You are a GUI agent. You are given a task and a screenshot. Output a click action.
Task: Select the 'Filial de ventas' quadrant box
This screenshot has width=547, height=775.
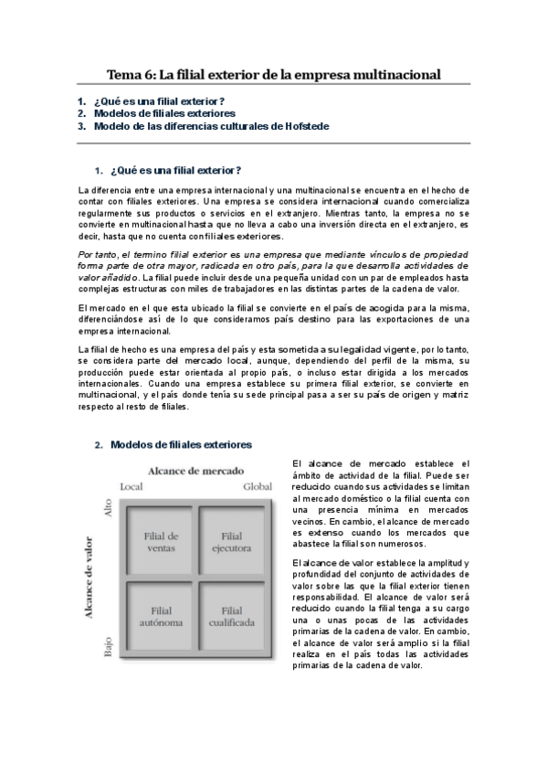click(x=162, y=541)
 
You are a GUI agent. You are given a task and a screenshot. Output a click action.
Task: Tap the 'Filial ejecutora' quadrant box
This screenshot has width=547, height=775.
click(x=232, y=541)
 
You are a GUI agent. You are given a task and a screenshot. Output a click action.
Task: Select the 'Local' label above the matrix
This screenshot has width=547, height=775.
click(x=131, y=487)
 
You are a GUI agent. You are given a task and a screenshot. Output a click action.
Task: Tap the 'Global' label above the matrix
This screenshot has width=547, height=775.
click(x=258, y=487)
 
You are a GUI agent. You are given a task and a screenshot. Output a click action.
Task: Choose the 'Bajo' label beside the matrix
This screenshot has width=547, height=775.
click(x=108, y=650)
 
